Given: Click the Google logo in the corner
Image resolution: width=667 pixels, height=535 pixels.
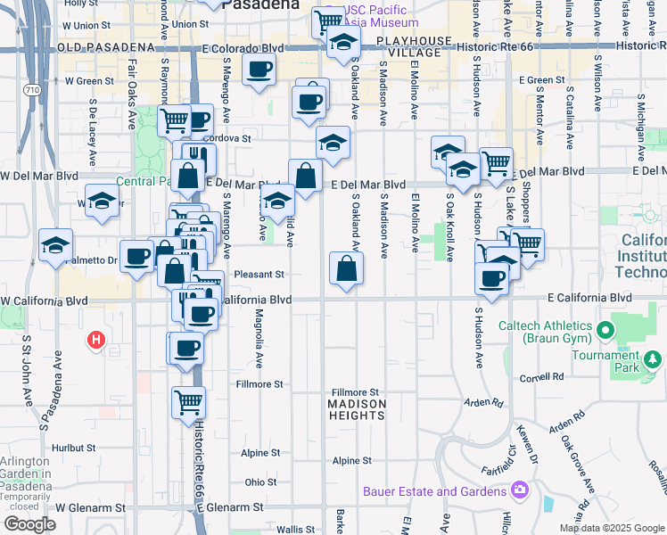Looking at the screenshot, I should (x=30, y=524).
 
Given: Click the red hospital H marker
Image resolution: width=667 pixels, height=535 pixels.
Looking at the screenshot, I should (x=96, y=340).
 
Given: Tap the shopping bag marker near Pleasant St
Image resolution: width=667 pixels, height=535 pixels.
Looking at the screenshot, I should (x=346, y=268).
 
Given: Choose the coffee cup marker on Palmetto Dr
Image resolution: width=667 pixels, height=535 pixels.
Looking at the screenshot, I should (x=136, y=257).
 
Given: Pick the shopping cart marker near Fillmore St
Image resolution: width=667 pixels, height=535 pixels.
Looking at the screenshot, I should (x=188, y=402).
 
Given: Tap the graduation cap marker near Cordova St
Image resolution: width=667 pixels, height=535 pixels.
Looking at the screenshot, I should (x=333, y=143).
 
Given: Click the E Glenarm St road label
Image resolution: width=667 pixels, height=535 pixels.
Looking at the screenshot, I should (x=232, y=506).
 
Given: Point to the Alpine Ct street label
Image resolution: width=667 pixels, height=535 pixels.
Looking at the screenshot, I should (x=352, y=460).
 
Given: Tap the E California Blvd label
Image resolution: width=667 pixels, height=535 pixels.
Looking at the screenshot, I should (x=589, y=298).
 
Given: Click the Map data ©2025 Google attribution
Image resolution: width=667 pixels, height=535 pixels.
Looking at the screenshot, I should (x=613, y=528).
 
